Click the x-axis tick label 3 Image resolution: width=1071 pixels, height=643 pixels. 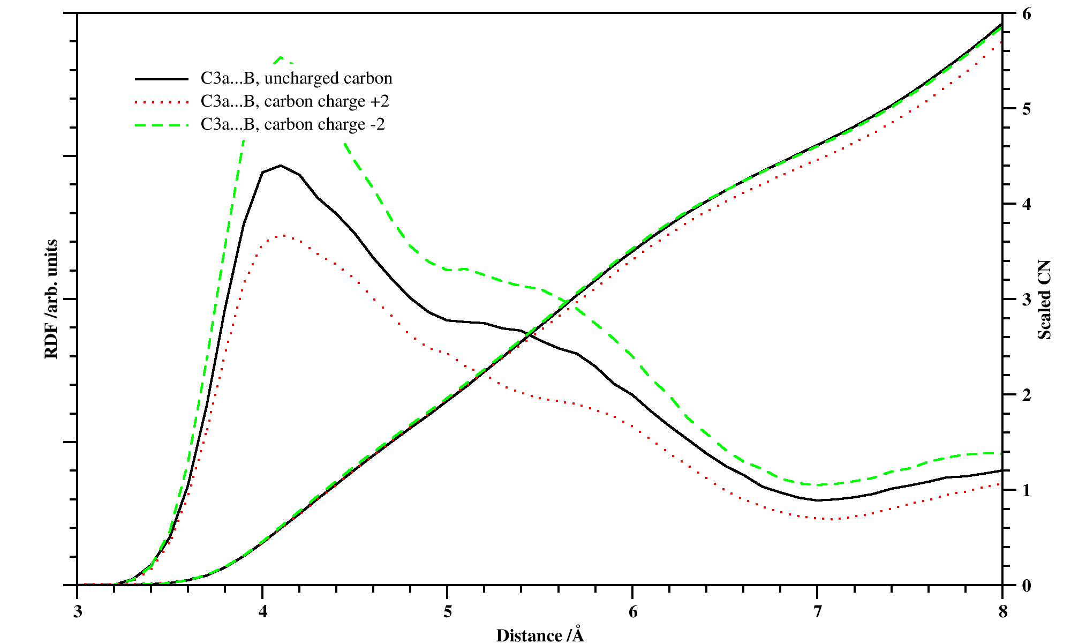coord(78,612)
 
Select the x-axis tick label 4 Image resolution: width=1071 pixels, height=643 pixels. coord(262,612)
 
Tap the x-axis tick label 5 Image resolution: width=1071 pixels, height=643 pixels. coord(447,612)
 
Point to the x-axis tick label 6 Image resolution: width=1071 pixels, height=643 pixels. coord(632,612)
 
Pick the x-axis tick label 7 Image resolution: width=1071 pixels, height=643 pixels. coord(817,612)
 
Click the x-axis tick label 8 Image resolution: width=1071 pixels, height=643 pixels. coord(1002,612)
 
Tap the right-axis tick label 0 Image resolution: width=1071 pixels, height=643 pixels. coord(1026,586)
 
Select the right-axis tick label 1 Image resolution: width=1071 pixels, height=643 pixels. coord(1026,490)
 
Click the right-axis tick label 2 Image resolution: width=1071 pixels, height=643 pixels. coord(1026,395)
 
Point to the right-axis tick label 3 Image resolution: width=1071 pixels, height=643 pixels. coord(1026,300)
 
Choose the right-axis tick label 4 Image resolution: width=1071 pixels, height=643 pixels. coord(1026,204)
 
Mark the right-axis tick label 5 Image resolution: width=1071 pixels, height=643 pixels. coord(1026,109)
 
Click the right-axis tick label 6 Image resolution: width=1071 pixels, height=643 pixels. coord(1026,14)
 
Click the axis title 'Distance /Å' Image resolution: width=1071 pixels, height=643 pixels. coord(540,635)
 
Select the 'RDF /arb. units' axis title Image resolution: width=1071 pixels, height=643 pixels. coord(51,299)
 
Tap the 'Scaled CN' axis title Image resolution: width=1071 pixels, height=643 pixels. coord(1045,300)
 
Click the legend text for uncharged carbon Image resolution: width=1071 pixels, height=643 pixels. coord(296,78)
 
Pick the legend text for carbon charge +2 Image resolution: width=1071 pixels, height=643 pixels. coord(295,101)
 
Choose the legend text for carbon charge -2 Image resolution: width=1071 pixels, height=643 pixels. coord(292,124)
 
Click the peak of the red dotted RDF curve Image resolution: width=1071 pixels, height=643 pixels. coord(282,235)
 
